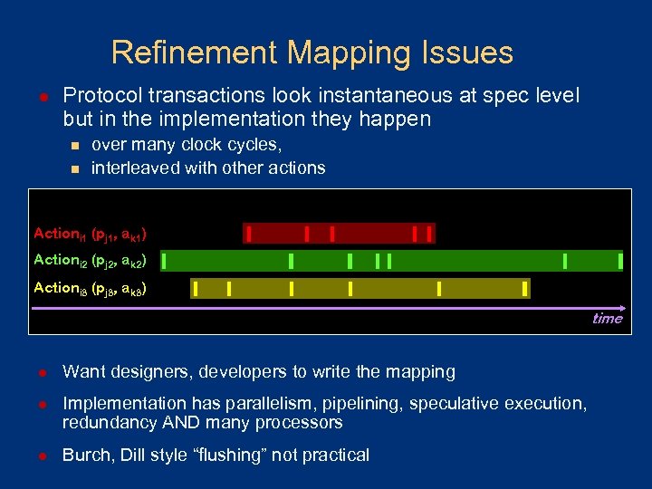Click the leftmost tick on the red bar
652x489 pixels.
248,234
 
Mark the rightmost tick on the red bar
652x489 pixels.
429,234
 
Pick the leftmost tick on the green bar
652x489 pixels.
165,262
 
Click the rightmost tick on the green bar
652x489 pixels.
620,262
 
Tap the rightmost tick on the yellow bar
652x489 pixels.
524,289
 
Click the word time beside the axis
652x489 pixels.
607,319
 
